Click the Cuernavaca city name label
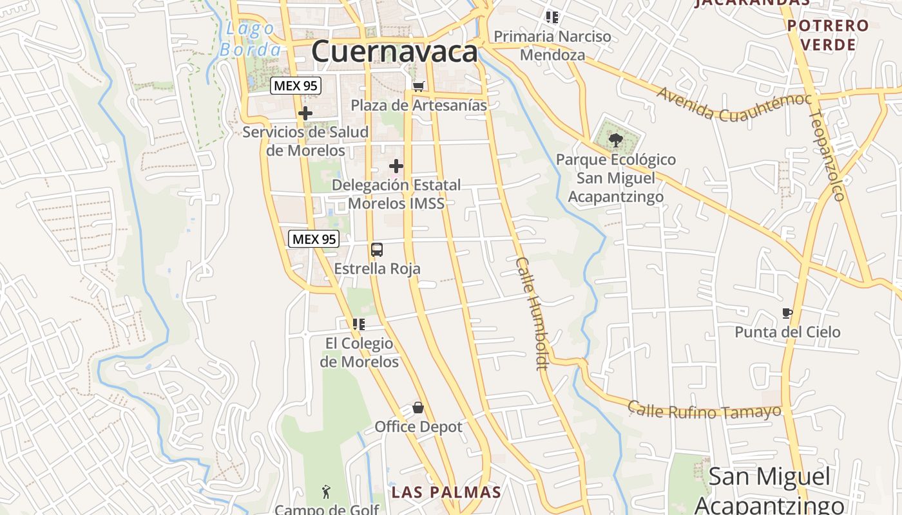[x=394, y=51]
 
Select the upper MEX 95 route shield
[x=296, y=85]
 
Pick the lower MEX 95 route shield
[x=314, y=239]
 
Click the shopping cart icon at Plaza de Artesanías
[x=419, y=86]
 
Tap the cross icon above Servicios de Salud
[x=305, y=114]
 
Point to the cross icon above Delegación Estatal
[x=396, y=167]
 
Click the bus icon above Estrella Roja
[x=377, y=250]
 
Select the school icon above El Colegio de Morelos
[x=359, y=324]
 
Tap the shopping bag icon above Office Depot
[x=418, y=408]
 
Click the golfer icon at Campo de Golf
[x=326, y=492]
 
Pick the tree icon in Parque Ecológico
[x=616, y=139]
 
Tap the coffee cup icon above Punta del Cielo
[x=787, y=314]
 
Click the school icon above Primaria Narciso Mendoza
[x=552, y=17]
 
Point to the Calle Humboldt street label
[x=532, y=314]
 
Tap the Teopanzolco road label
[x=827, y=154]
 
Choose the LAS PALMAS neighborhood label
[x=446, y=492]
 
